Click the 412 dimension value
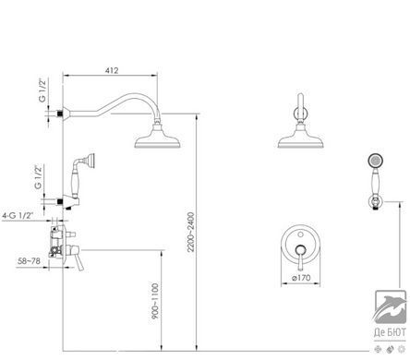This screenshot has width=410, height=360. coord(112,70)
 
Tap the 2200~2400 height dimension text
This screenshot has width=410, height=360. coord(191,232)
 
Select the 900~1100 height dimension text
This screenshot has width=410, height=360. coord(155,301)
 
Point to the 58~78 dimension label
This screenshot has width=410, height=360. coord(29,261)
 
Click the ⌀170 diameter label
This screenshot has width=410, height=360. coord(301,278)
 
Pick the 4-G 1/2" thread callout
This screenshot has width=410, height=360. coord(18,216)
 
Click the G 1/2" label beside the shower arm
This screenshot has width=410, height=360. coord(42,90)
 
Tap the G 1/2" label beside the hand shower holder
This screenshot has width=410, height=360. coord(38,177)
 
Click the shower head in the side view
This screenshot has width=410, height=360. coord(157,137)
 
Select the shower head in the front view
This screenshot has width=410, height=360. coord(300,137)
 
